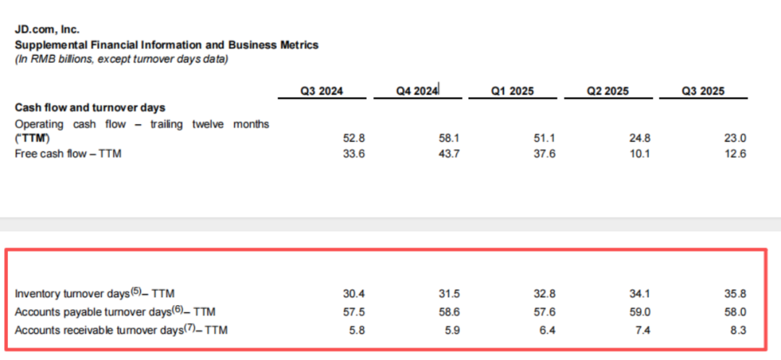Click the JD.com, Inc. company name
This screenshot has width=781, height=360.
click(x=47, y=30)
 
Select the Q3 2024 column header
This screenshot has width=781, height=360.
click(x=322, y=91)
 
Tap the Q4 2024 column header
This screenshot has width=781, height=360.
click(x=417, y=91)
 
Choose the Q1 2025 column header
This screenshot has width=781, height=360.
click(x=512, y=91)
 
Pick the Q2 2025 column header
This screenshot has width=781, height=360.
click(x=607, y=91)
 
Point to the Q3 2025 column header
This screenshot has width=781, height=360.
click(x=702, y=91)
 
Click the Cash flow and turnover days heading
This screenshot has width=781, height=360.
click(x=90, y=108)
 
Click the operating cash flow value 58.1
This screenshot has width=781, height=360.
click(x=448, y=138)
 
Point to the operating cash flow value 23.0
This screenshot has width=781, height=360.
click(x=735, y=138)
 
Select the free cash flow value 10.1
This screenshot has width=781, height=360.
click(x=639, y=153)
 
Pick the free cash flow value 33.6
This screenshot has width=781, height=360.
click(x=353, y=153)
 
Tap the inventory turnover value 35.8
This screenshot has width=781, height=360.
click(x=735, y=293)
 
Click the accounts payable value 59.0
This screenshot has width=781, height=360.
click(x=639, y=312)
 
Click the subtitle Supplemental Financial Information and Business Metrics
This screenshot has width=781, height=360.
click(x=167, y=45)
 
